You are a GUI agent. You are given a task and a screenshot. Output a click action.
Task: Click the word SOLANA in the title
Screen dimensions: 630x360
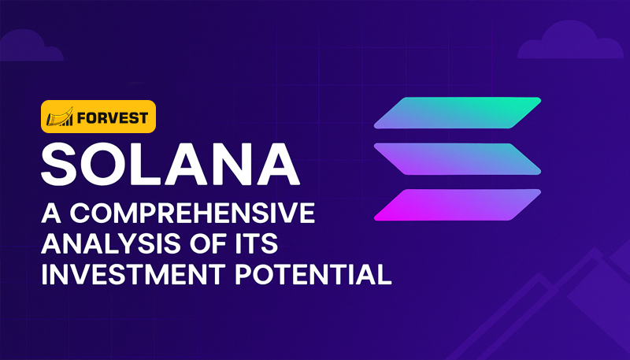tap(170, 164)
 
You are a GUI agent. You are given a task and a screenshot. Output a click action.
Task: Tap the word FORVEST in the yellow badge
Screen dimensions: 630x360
tap(113, 117)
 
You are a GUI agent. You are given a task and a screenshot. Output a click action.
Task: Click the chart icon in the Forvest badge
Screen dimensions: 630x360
tap(60, 117)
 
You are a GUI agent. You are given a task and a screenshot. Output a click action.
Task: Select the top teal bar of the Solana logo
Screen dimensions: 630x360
tap(458, 113)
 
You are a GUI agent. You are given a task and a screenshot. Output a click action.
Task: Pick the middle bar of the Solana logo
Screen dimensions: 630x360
tap(458, 158)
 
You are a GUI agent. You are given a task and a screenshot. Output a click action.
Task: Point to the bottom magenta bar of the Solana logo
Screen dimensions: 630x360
tap(458, 205)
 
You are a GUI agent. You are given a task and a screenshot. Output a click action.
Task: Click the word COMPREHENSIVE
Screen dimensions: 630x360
tap(192, 213)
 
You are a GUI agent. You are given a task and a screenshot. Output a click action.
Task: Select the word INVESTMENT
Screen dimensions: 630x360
tap(133, 274)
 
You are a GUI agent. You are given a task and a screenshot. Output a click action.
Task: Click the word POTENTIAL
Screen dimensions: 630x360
tap(313, 274)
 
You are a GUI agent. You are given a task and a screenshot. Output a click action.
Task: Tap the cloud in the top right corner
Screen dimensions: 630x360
tap(570, 40)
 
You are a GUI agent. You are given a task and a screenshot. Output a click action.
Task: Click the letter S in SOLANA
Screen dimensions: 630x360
tap(58, 164)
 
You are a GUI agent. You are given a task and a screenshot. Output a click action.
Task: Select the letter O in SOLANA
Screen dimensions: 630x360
tap(104, 164)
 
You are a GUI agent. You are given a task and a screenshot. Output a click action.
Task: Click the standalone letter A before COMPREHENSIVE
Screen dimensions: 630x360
tap(51, 213)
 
